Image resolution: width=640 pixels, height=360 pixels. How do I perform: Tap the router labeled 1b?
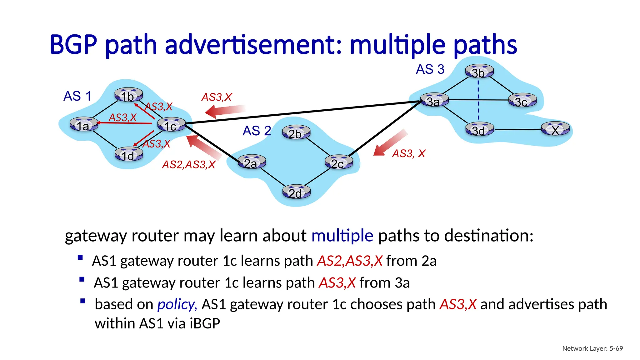(128, 95)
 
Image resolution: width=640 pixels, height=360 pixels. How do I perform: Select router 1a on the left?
(84, 124)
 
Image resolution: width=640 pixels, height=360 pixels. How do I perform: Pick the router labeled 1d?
(128, 154)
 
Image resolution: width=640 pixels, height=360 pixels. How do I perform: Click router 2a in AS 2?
(252, 162)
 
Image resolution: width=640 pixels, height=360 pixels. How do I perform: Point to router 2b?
(296, 132)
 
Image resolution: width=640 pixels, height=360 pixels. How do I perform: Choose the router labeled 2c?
(338, 162)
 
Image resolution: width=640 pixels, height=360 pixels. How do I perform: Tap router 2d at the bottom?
(296, 192)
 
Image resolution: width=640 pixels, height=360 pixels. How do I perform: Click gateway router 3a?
(434, 100)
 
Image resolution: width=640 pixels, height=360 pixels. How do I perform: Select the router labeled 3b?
(479, 72)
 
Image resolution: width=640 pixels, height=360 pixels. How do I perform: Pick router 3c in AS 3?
(522, 101)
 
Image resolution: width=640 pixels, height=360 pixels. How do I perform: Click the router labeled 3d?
(479, 129)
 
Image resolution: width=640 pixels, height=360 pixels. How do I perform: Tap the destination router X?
(555, 129)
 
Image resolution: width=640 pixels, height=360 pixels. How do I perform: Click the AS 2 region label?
(257, 131)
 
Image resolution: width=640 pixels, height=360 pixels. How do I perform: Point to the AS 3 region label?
(430, 69)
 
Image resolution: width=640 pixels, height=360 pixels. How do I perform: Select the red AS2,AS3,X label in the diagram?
(188, 165)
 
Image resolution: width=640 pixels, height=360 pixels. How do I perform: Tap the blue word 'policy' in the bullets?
(177, 304)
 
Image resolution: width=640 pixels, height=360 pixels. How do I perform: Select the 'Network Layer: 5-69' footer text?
(592, 348)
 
